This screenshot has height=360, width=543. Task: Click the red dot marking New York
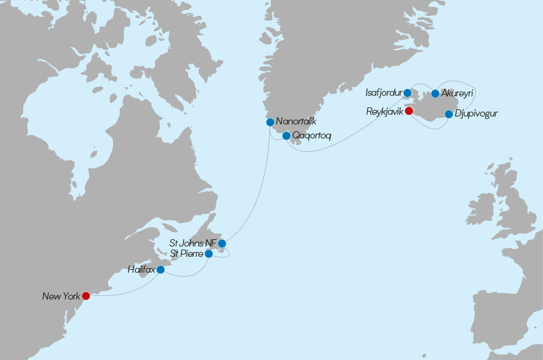point(86,296)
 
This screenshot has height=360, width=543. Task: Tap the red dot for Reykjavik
point(409,111)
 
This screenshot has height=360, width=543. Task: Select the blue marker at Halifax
point(160,270)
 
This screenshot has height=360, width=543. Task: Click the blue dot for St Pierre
point(209,253)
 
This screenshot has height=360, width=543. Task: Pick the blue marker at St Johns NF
point(222,243)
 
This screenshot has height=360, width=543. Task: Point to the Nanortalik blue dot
point(270,122)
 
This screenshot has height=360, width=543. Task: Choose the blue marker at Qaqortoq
point(286,135)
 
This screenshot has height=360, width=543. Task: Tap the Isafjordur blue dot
point(408,93)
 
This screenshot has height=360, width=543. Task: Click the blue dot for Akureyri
point(435,93)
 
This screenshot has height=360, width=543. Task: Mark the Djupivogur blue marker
point(449,114)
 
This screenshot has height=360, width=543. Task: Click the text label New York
point(61,297)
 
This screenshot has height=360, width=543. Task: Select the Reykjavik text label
point(384,111)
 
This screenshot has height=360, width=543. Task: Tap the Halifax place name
point(141,269)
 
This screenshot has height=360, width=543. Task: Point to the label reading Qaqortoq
point(311,136)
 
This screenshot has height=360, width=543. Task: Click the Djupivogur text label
point(476,114)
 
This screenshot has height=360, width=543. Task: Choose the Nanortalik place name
point(296,122)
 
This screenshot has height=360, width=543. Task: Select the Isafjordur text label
point(383,93)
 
